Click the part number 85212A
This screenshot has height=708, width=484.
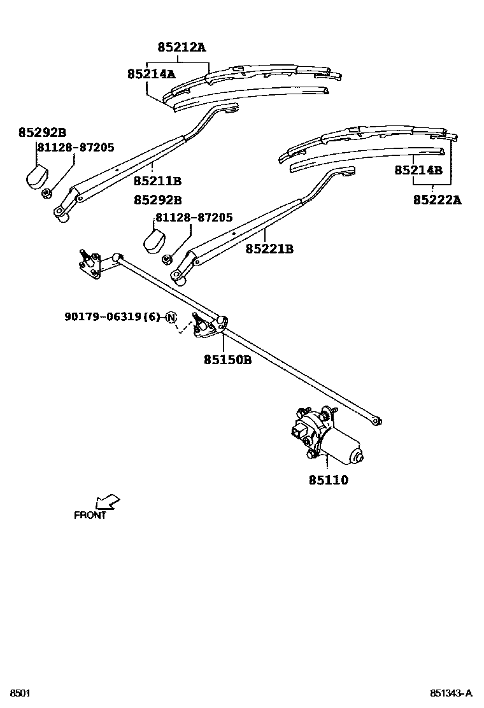pyautogui.click(x=181, y=47)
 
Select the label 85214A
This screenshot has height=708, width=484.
pyautogui.click(x=151, y=74)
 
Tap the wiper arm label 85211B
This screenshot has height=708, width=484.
pyautogui.click(x=158, y=180)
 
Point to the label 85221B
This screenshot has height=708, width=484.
pyautogui.click(x=269, y=249)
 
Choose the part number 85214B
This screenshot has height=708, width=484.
pyautogui.click(x=418, y=170)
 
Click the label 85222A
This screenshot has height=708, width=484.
pyautogui.click(x=437, y=200)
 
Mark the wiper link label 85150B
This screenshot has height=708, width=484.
pyautogui.click(x=227, y=360)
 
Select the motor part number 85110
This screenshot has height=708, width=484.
pyautogui.click(x=329, y=480)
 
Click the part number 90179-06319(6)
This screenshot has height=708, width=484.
pyautogui.click(x=112, y=316)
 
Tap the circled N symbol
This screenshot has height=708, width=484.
pyautogui.click(x=171, y=317)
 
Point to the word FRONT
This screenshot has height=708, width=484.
pyautogui.click(x=90, y=516)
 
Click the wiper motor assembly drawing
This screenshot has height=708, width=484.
pyautogui.click(x=325, y=437)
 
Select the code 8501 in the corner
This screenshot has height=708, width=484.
pyautogui.click(x=19, y=693)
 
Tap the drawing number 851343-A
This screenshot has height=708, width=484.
pyautogui.click(x=451, y=693)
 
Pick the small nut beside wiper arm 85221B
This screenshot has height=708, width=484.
pyautogui.click(x=166, y=259)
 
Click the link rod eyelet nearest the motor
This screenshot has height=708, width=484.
pyautogui.click(x=377, y=420)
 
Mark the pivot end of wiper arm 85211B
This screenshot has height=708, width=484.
pyautogui.click(x=62, y=215)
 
